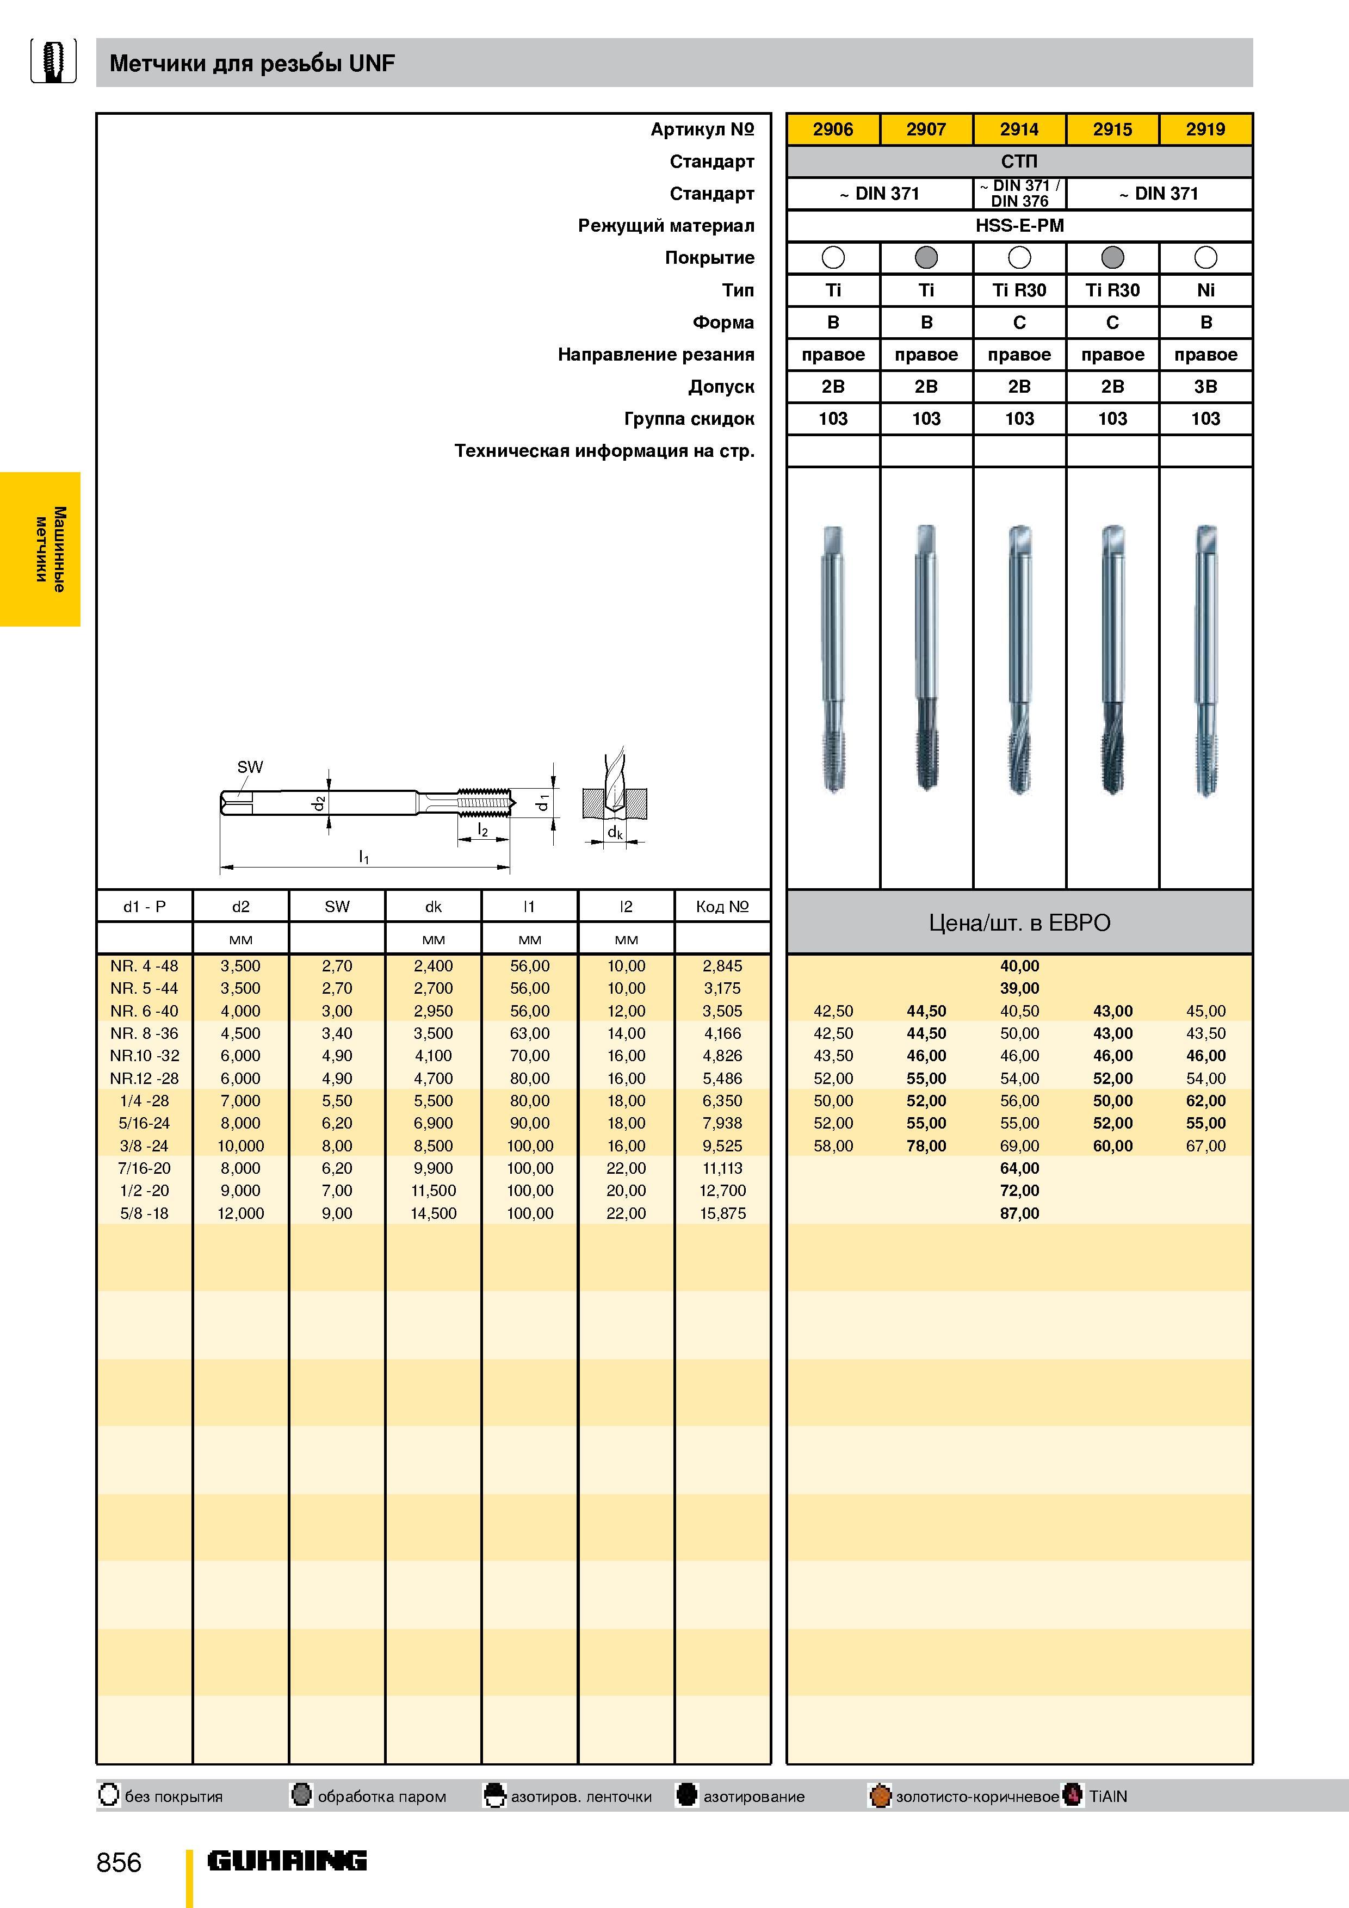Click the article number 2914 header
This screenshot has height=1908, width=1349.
pos(1019,129)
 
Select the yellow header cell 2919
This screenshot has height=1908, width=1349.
pos(1205,129)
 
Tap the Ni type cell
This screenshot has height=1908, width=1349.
pos(1205,290)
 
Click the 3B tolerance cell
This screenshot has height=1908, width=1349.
pos(1205,386)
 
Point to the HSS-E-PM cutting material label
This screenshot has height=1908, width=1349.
pos(1019,225)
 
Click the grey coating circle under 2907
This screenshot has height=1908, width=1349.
pos(926,258)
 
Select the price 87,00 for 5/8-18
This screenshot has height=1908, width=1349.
pos(1019,1213)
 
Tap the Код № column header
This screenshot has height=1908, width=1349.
pos(722,907)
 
